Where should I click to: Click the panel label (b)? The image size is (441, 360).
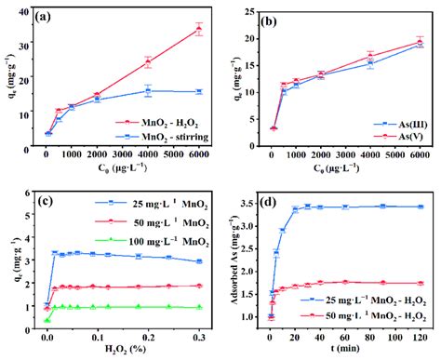(x=269, y=16)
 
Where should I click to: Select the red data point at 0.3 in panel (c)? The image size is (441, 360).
(x=198, y=286)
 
